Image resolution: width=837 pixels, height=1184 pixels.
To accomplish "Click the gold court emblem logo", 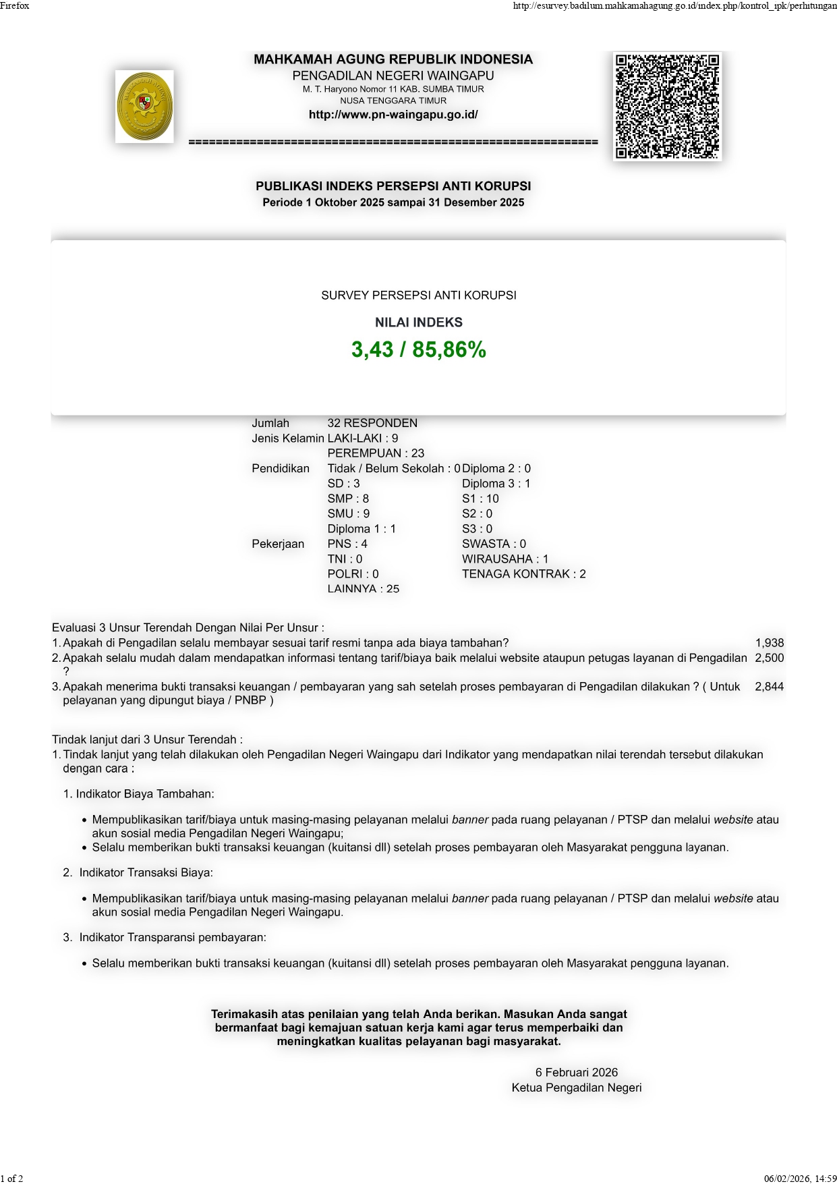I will click(144, 107).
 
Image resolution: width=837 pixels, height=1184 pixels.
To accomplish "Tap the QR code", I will click(667, 107).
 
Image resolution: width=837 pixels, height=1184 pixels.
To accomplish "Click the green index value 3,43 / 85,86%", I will click(418, 349).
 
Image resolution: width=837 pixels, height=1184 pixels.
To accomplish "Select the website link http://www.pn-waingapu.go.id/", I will click(393, 115).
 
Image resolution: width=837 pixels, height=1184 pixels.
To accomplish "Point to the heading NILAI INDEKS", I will click(418, 322).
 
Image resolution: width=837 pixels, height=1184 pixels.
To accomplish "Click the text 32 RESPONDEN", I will click(372, 423).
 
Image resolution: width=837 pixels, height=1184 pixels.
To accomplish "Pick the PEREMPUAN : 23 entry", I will click(376, 453).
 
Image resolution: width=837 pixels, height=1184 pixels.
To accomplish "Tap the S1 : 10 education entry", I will click(480, 499).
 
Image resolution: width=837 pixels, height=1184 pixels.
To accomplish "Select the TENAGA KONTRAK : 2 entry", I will click(523, 574).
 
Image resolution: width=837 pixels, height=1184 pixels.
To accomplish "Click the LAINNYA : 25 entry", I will click(363, 589).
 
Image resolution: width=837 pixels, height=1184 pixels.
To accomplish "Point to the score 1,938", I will click(770, 643).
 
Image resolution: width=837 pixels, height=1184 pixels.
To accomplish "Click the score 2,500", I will click(770, 658).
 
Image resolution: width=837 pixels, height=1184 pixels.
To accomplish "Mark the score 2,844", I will click(770, 686).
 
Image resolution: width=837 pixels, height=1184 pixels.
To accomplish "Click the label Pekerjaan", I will click(278, 544).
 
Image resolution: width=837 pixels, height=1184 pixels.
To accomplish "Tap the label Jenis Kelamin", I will click(288, 439).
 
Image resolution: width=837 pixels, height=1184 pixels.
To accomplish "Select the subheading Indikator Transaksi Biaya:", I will click(146, 872).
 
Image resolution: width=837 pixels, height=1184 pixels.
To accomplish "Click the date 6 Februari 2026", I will click(577, 1072).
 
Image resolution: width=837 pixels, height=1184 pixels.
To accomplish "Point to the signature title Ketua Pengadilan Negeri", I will click(577, 1088).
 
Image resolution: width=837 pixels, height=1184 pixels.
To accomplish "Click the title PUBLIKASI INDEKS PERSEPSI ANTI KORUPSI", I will click(393, 186).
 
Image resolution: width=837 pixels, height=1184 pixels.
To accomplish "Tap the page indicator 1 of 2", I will click(12, 1179).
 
